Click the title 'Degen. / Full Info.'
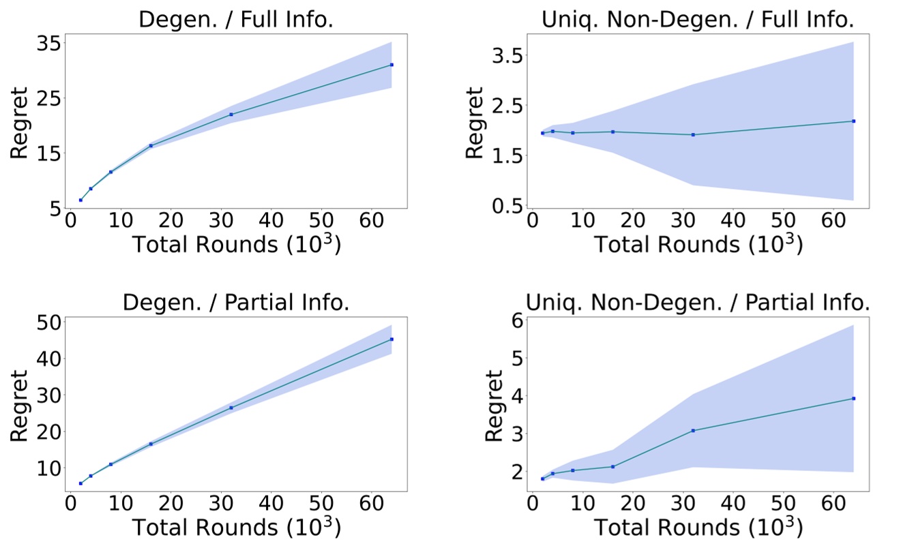(x=235, y=18)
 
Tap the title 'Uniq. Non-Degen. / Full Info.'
(x=697, y=18)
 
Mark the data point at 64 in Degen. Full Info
(x=391, y=65)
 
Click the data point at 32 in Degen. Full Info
(x=231, y=115)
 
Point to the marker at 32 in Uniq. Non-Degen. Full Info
(x=693, y=135)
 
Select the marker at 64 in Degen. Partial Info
(x=391, y=339)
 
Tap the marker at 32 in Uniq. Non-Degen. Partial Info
(x=693, y=431)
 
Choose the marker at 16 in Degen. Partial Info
(x=151, y=444)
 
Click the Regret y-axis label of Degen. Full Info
(x=20, y=123)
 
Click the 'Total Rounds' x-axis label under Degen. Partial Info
(x=235, y=528)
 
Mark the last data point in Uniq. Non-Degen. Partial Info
(x=853, y=399)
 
